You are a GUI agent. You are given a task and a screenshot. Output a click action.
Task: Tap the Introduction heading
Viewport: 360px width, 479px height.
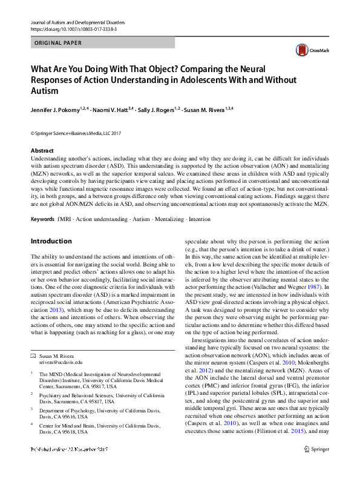[x=51, y=241]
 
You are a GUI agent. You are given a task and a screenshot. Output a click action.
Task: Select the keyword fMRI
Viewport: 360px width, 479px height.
[x=64, y=218]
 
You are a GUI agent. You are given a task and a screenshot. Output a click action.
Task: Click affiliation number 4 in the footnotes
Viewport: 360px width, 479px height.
[x=33, y=425]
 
